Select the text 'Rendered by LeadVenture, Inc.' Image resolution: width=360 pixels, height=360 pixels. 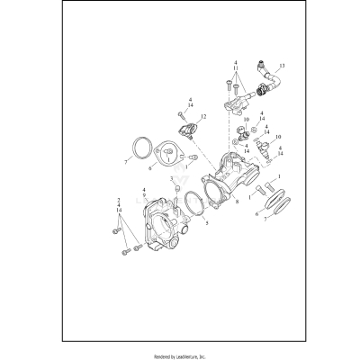pyautogui.click(x=180, y=355)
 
